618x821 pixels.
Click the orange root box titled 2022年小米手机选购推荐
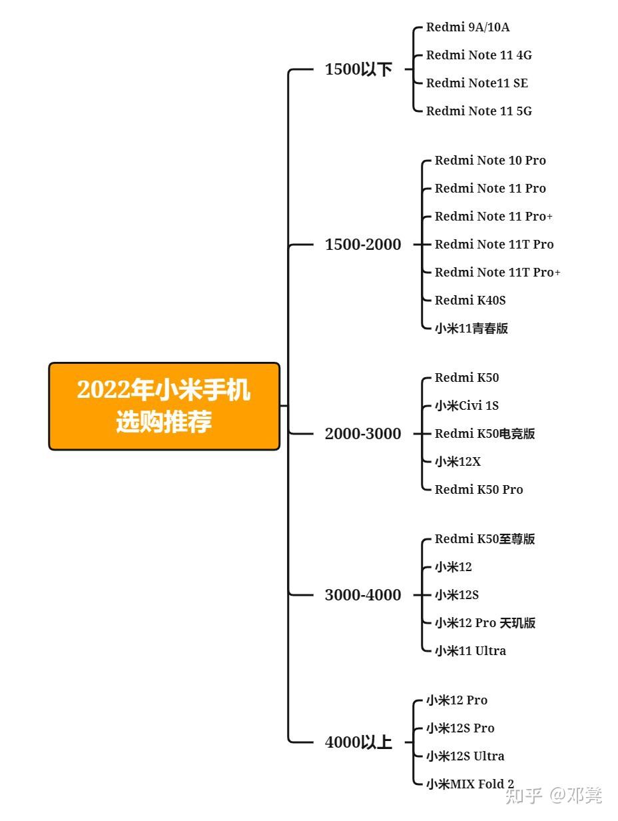point(164,406)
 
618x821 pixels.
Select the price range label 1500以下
point(358,69)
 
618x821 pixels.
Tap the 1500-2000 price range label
point(363,245)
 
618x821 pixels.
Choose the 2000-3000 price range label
point(363,434)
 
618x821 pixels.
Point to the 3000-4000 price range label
point(363,595)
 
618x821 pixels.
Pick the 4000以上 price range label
point(358,742)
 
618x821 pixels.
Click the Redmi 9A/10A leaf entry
point(467,27)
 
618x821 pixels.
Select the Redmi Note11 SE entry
point(477,83)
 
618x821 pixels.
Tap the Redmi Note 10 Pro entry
point(490,161)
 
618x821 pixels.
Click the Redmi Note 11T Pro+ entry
point(497,273)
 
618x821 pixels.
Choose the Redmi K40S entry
point(470,301)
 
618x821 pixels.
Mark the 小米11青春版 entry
point(471,329)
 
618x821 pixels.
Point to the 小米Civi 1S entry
point(467,406)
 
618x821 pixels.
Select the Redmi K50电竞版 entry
point(485,434)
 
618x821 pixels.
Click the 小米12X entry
point(458,462)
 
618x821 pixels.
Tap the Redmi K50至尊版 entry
point(485,539)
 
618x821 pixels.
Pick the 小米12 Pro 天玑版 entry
point(485,623)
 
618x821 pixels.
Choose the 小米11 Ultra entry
point(470,651)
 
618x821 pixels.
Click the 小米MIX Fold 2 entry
point(470,784)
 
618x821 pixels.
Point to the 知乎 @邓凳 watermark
point(554,795)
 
